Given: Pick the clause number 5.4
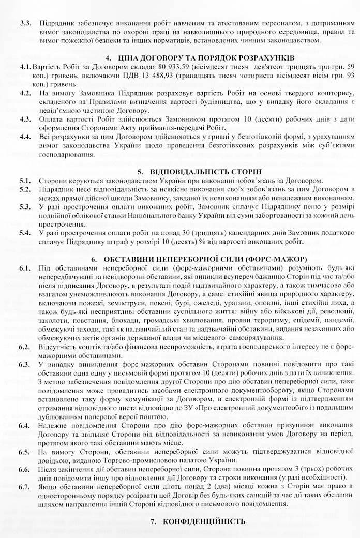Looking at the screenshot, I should [26, 234].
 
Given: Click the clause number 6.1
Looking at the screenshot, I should [26, 267].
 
